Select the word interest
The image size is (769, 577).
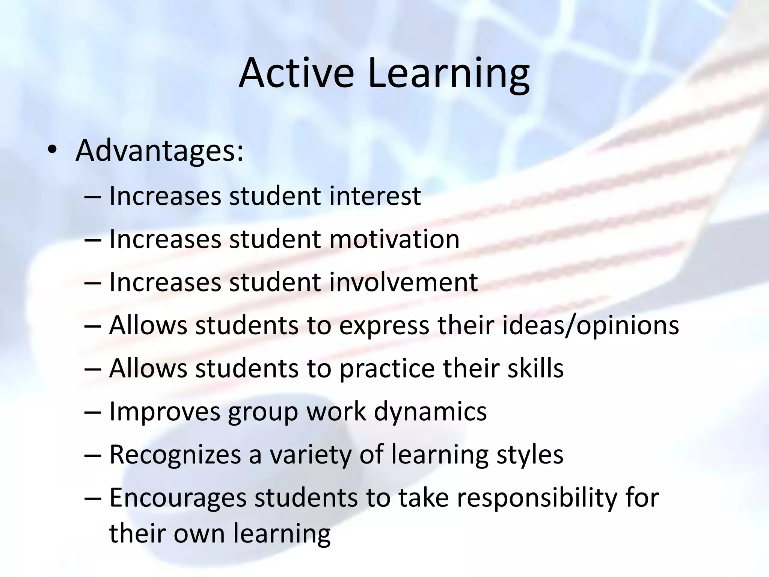click(375, 196)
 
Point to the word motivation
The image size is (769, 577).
click(394, 239)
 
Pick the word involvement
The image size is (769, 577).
click(404, 282)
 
